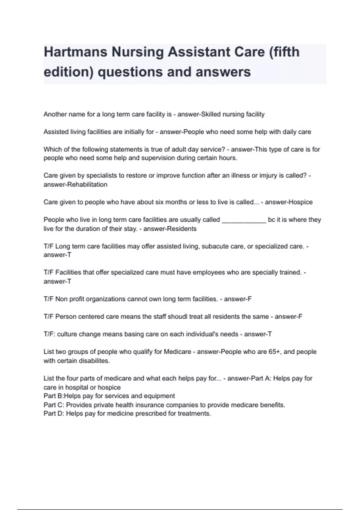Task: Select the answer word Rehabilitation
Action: tap(87, 184)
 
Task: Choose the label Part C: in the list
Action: tap(54, 405)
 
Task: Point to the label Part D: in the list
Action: tap(54, 414)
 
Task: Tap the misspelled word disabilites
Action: tap(93, 361)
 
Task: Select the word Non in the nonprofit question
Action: tap(61, 299)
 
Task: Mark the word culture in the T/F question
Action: tap(67, 334)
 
